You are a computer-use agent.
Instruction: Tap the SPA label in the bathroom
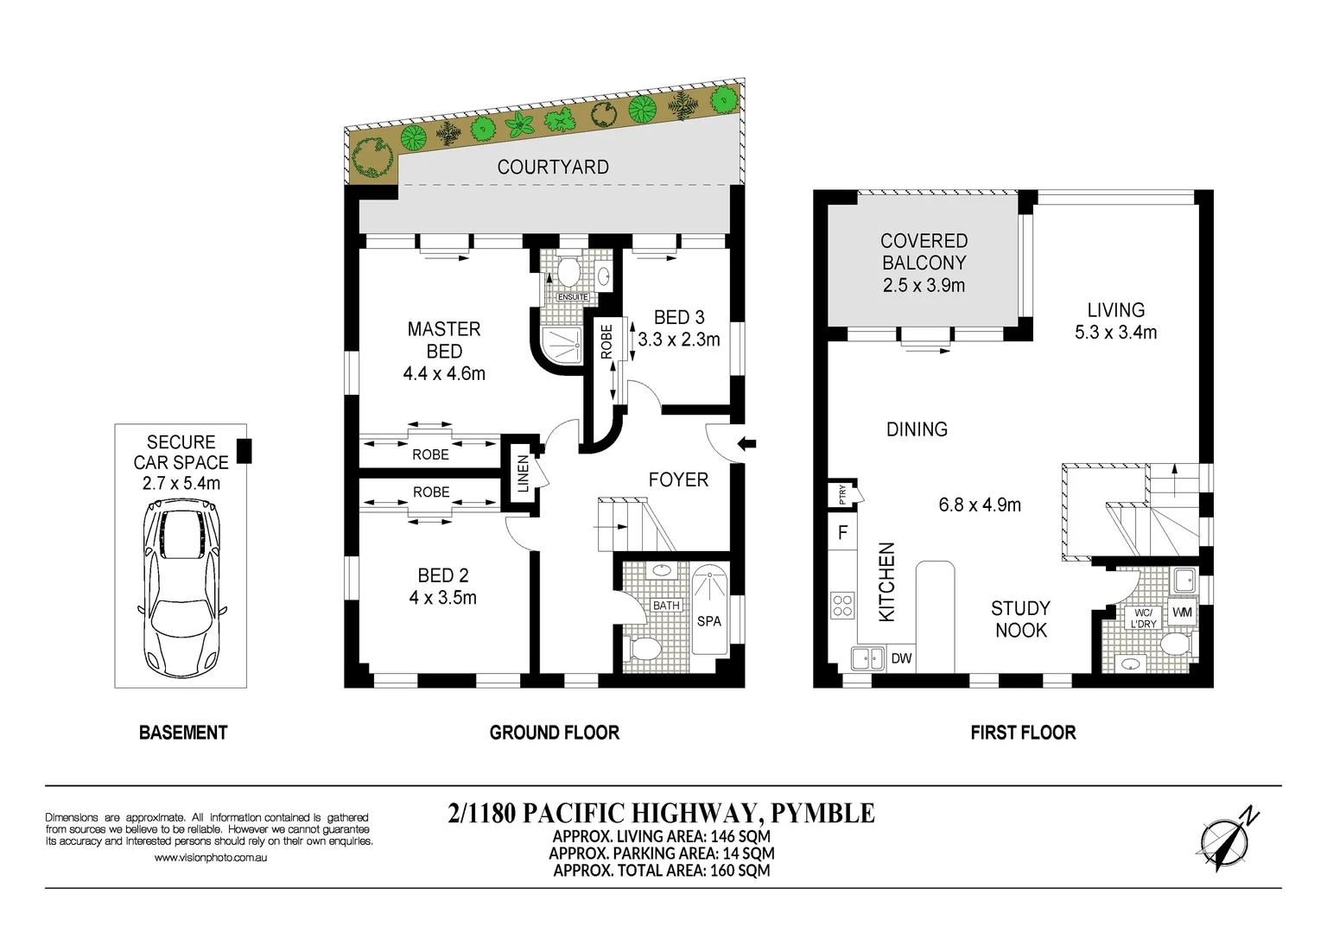(x=708, y=621)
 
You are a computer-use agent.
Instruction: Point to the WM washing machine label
(x=1182, y=612)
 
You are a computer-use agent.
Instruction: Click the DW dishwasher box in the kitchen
(x=901, y=658)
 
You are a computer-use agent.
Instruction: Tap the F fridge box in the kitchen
(x=842, y=533)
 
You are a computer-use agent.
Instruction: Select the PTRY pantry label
(x=842, y=494)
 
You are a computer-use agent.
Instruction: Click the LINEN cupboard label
(x=523, y=474)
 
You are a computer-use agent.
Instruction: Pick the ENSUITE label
(x=572, y=297)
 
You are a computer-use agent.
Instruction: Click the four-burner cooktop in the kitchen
(x=842, y=606)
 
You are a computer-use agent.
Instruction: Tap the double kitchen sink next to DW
(x=867, y=658)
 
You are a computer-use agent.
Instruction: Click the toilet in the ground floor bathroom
(x=644, y=648)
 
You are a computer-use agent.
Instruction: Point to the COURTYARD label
(x=553, y=168)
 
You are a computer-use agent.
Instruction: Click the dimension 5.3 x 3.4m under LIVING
(x=1115, y=333)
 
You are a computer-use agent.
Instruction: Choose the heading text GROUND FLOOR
(x=554, y=733)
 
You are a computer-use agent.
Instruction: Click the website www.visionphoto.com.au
(x=211, y=858)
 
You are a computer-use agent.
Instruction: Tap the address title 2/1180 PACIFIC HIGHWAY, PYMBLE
(x=661, y=814)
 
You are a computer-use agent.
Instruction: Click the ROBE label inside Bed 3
(x=606, y=341)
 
